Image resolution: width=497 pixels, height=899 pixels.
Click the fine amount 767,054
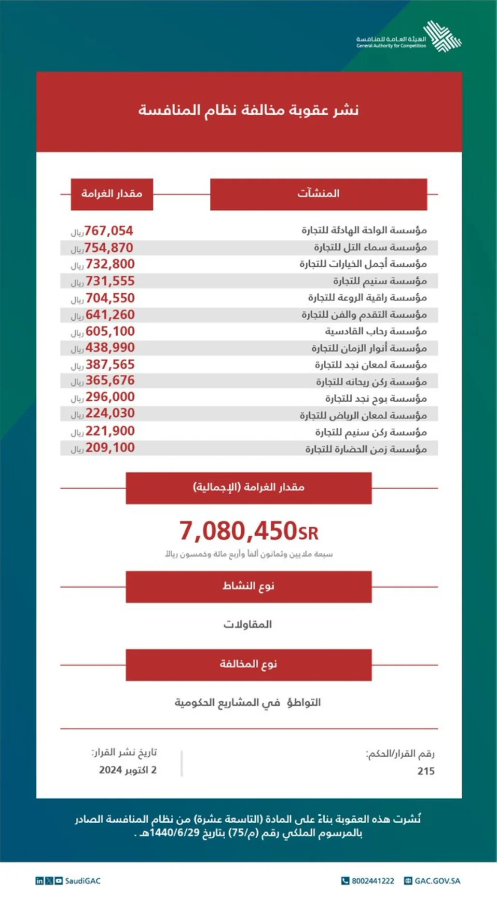(109, 231)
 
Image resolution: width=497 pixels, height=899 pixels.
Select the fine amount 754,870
(109, 248)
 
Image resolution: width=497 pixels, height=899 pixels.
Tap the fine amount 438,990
(110, 348)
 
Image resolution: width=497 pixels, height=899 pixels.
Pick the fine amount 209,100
(110, 448)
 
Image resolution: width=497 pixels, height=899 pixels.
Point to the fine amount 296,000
(110, 397)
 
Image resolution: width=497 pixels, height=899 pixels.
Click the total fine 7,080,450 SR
(248, 531)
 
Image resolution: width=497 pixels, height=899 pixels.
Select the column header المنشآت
(318, 194)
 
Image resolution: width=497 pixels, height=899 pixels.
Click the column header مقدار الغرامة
(112, 194)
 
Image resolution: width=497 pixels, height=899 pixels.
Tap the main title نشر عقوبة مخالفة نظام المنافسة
(248, 110)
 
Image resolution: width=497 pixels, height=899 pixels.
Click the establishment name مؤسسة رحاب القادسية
(375, 331)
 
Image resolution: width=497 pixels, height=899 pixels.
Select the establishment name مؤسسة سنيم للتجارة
(380, 281)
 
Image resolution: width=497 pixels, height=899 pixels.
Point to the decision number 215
(426, 771)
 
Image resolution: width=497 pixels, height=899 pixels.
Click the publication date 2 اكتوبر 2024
(128, 770)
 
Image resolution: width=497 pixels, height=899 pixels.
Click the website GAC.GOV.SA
(437, 881)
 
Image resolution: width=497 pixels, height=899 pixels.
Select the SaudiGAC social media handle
(83, 881)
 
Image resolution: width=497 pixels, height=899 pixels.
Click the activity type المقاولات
(248, 625)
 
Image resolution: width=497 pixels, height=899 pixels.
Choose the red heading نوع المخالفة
(248, 665)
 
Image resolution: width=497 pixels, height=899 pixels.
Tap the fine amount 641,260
(110, 315)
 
